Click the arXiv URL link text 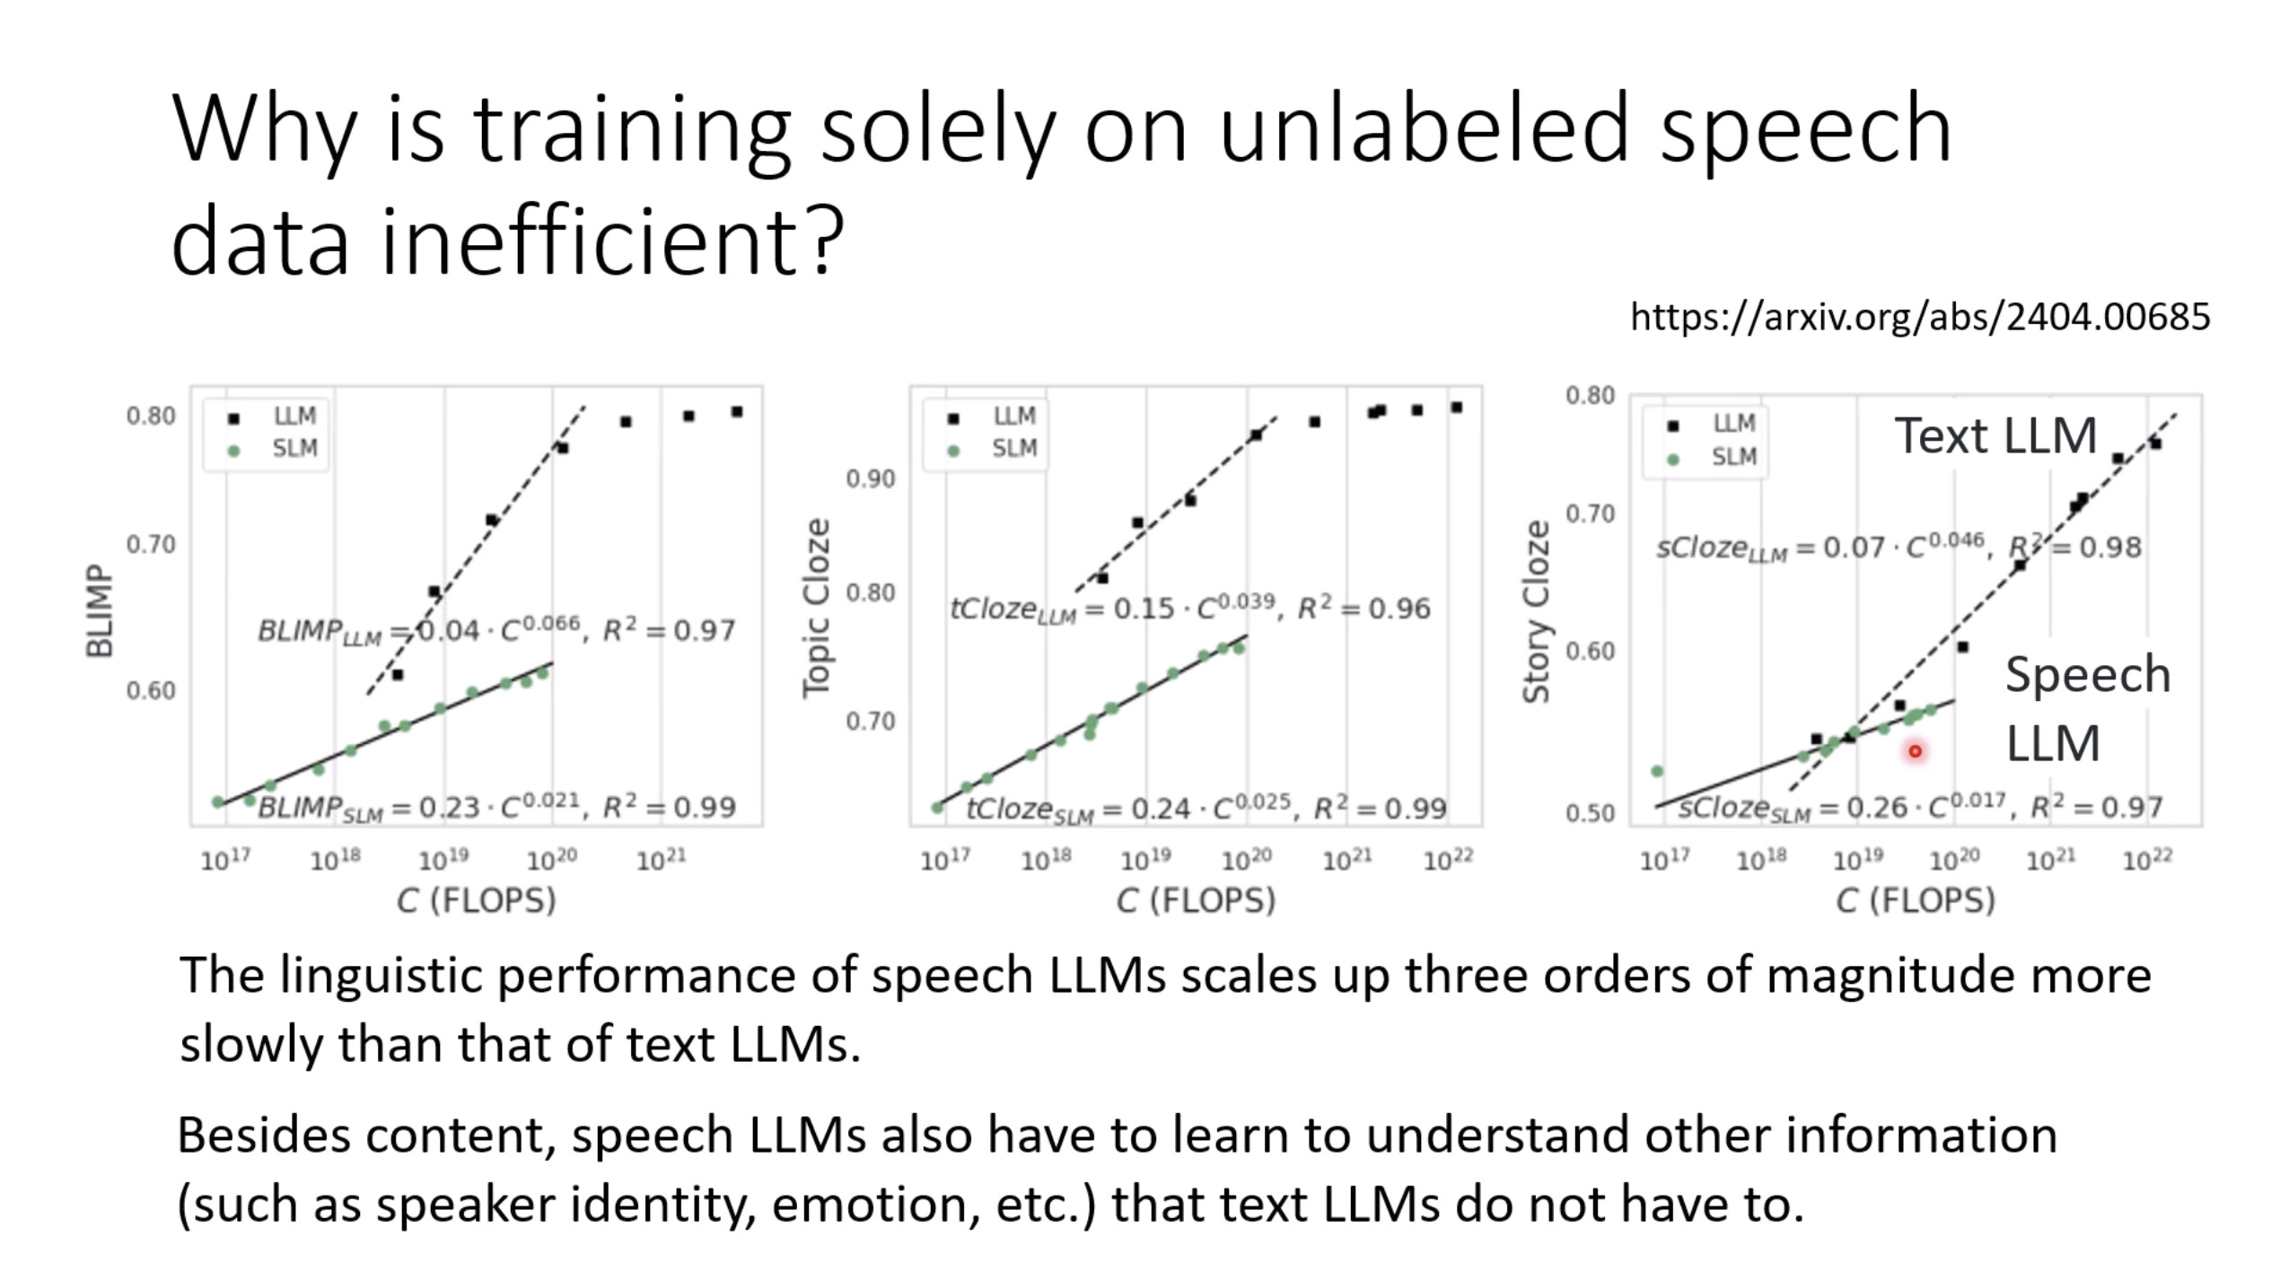[x=1919, y=317]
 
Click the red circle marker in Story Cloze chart [x=1915, y=751]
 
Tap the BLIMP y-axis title [x=99, y=611]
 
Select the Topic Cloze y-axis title [x=816, y=608]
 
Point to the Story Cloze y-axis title [x=1537, y=611]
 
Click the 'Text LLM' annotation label [x=1995, y=436]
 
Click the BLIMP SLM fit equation [x=496, y=808]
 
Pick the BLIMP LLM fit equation [x=496, y=630]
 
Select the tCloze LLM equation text [x=1189, y=609]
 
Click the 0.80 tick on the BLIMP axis [x=151, y=416]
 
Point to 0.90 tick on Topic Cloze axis [x=870, y=479]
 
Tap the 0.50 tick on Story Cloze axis [x=1590, y=813]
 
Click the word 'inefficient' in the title [x=587, y=241]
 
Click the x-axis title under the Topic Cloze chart [x=1195, y=899]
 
